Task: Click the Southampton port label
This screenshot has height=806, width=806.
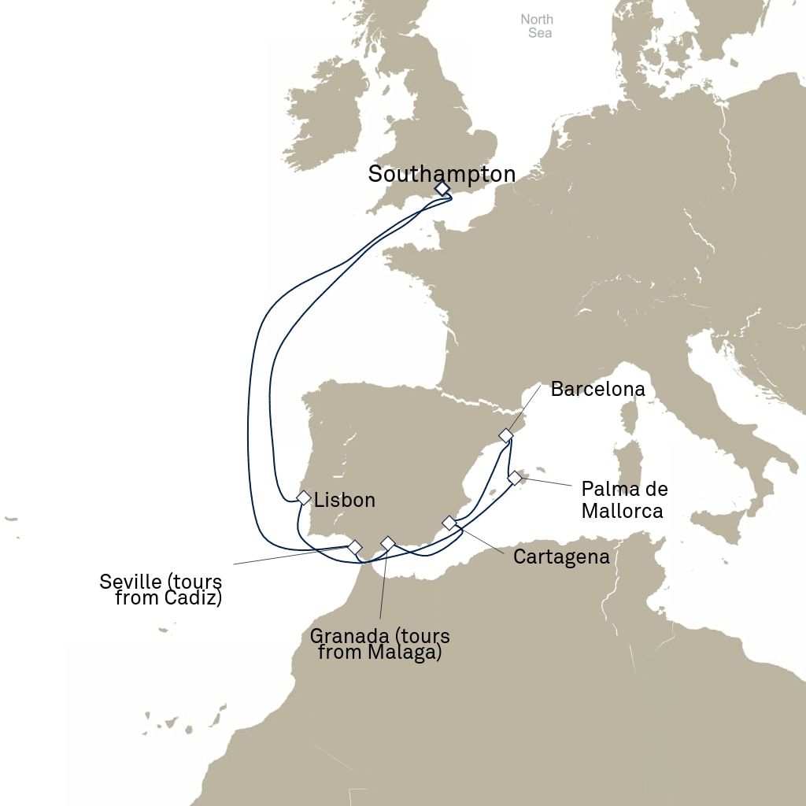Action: [442, 174]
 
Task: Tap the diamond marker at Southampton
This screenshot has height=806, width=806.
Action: [442, 188]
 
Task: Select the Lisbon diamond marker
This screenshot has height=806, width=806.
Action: [304, 497]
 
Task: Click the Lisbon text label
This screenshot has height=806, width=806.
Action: [344, 500]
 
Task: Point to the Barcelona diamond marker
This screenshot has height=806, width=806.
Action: [507, 435]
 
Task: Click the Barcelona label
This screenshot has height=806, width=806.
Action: [597, 389]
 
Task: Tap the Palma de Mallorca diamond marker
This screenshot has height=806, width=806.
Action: [515, 478]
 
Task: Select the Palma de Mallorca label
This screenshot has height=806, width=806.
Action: [624, 500]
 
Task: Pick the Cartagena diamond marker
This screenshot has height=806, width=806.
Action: [449, 523]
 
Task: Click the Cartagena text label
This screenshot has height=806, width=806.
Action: [561, 557]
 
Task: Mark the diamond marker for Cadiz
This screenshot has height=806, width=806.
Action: [355, 546]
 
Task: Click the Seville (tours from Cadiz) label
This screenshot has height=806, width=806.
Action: [161, 590]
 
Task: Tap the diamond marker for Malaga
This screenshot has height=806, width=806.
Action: [387, 542]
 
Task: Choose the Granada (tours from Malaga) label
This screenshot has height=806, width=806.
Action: [380, 644]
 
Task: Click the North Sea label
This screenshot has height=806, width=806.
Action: [537, 26]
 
